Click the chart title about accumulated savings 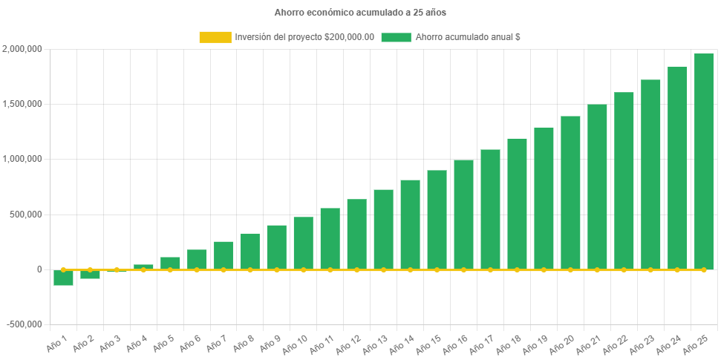point(360,13)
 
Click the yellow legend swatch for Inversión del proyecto point(215,37)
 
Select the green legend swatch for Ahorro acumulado point(396,37)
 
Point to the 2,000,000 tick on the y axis point(22,49)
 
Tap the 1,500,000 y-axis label point(22,104)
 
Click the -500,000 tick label point(25,324)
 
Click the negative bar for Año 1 point(63,278)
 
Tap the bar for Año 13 point(383,229)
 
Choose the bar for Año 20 point(570,193)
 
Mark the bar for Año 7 point(224,255)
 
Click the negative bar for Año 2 point(90,275)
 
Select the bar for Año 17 point(490,209)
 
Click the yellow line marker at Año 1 point(63,269)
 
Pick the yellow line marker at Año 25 point(703,269)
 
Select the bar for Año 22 point(624,181)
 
